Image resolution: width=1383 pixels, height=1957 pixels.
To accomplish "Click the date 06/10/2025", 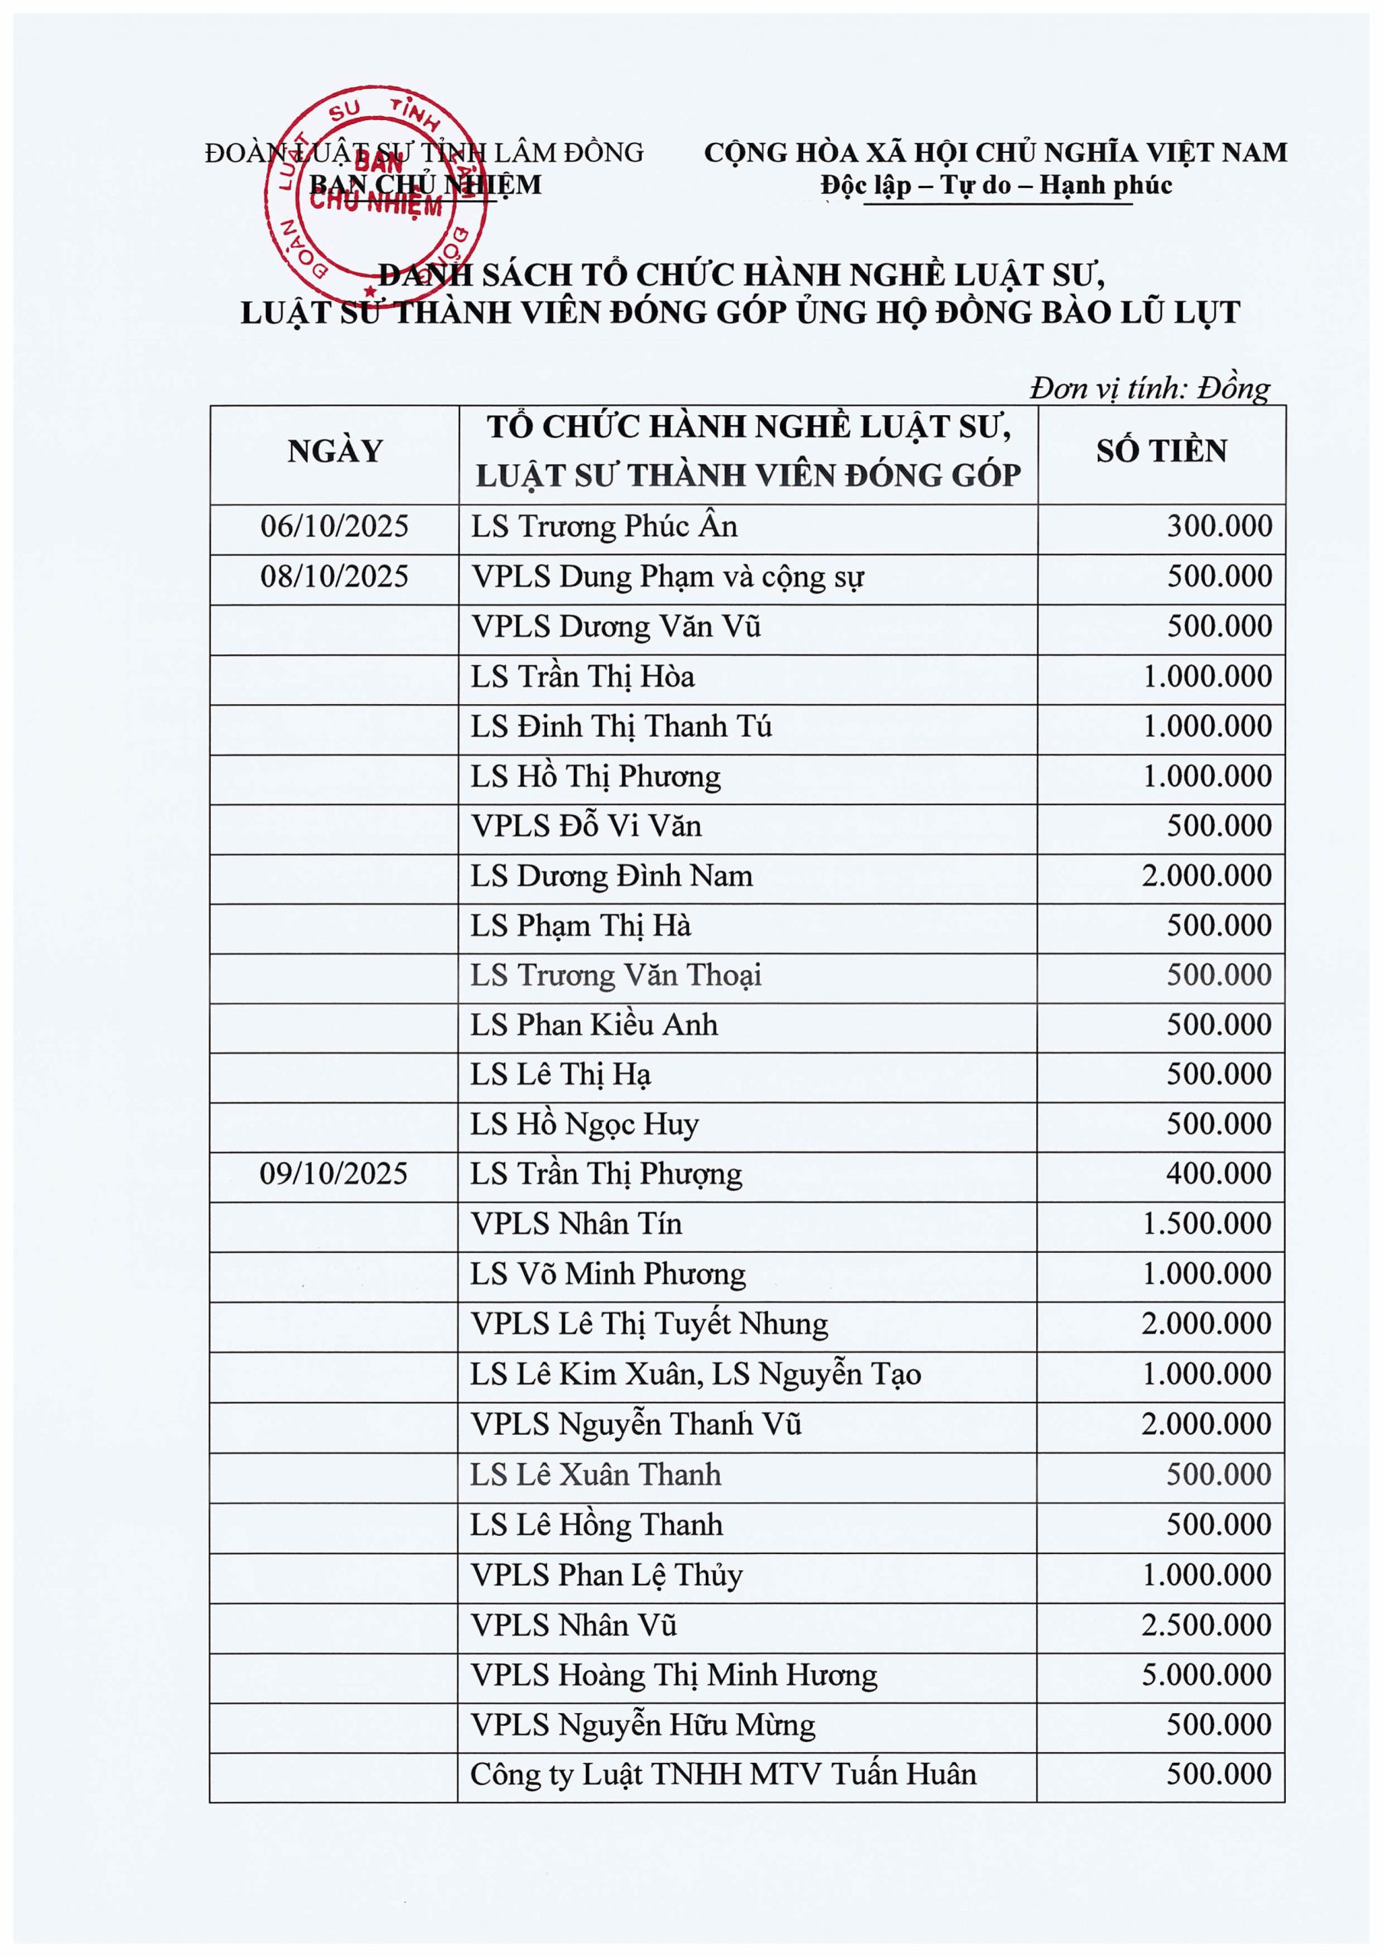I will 334,527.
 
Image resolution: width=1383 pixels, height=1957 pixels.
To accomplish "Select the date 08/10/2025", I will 334,577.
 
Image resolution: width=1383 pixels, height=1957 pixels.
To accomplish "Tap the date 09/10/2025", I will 333,1174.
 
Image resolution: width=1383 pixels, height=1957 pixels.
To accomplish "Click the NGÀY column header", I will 335,452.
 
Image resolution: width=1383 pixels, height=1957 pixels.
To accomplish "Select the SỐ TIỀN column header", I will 1161,452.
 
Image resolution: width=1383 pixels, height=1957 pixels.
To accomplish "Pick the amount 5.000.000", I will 1206,1675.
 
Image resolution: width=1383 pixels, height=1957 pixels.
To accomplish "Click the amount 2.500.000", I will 1206,1624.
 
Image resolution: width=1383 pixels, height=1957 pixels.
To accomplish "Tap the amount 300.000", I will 1219,527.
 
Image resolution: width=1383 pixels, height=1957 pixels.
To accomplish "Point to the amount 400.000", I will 1219,1174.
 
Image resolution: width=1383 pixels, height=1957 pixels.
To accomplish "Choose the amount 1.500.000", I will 1206,1224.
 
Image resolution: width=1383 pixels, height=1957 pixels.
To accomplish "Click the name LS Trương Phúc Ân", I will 604,527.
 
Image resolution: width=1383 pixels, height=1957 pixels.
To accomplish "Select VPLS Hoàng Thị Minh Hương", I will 673,1675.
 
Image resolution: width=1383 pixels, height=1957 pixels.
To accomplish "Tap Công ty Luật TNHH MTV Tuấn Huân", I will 723,1774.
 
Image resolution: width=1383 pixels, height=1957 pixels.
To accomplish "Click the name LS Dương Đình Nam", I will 611,876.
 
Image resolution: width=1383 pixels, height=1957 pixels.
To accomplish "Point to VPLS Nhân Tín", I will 576,1224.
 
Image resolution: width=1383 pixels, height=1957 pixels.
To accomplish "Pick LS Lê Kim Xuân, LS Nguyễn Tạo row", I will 695,1374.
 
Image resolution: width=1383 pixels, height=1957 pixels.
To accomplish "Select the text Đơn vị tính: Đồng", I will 1148,388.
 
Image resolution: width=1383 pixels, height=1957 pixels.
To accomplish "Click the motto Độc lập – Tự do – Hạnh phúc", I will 996,185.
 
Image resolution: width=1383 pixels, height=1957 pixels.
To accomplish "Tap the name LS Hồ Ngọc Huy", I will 584,1125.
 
